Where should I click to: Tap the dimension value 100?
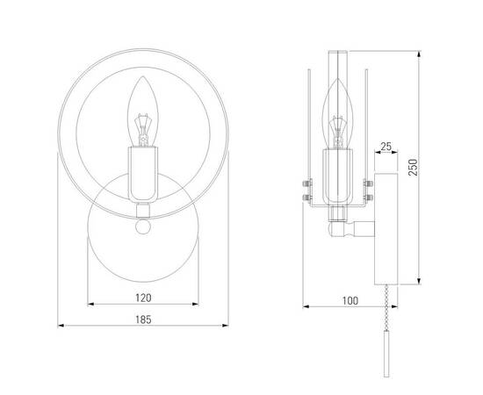click(350, 301)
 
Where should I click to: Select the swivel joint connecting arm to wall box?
click(350, 232)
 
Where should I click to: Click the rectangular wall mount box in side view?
click(387, 227)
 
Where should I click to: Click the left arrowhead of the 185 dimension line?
click(60, 327)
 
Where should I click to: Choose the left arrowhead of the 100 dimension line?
click(304, 308)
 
